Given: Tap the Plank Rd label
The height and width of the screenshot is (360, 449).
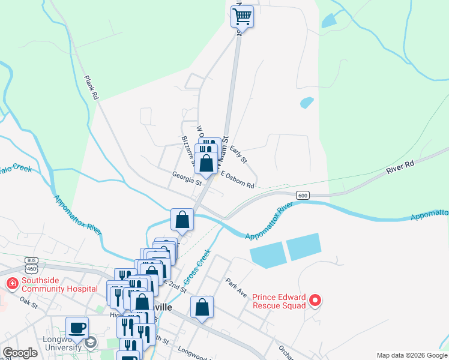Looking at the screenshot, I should click(x=91, y=87).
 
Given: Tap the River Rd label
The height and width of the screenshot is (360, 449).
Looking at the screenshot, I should click(x=400, y=167).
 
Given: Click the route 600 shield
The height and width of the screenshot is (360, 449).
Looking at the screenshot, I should click(x=303, y=195).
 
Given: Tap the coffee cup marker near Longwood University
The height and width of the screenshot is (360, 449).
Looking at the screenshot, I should click(x=77, y=328).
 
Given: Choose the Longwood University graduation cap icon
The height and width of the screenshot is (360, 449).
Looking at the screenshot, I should click(x=90, y=343).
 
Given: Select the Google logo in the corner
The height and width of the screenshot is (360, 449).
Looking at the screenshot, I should click(x=20, y=353).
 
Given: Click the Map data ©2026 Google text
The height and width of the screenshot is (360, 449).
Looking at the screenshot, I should click(x=412, y=355).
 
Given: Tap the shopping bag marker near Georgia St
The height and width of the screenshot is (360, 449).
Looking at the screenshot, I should click(x=206, y=163).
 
